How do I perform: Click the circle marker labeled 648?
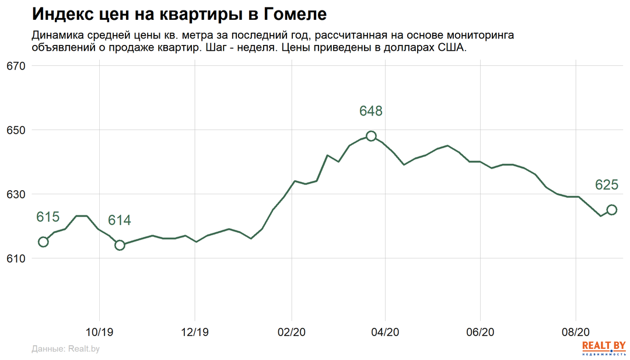(x=371, y=136)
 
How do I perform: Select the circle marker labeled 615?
(x=43, y=242)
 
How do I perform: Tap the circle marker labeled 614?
(x=120, y=245)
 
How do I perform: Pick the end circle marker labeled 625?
(x=611, y=209)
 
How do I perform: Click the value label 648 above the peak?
(x=370, y=111)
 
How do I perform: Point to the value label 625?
(x=607, y=185)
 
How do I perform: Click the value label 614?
(x=120, y=221)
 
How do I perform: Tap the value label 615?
(x=48, y=217)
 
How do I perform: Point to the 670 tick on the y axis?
(x=17, y=66)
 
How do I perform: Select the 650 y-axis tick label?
(x=17, y=130)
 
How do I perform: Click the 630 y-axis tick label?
(x=17, y=194)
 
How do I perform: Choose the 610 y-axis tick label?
(x=17, y=258)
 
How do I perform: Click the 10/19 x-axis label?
(x=100, y=333)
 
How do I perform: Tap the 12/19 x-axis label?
(x=195, y=333)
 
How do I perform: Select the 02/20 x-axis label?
(x=290, y=333)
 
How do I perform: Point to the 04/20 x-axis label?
(x=385, y=333)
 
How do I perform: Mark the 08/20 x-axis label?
(x=575, y=333)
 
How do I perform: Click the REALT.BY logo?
(x=604, y=347)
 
